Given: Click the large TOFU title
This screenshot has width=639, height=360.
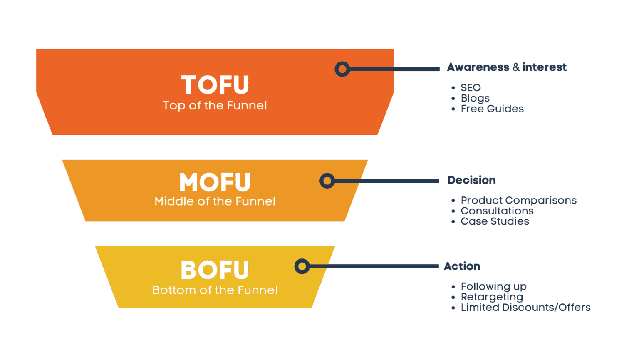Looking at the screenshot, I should pos(215,85).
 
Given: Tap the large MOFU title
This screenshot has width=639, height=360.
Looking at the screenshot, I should pos(215,182).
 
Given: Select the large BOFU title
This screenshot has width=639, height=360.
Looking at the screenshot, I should pos(215,270).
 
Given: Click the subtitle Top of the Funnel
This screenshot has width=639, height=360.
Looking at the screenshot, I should pos(215,106).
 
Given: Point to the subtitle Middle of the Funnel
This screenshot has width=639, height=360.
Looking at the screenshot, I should pos(215,201).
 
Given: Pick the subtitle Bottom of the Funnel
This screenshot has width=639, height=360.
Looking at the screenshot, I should pos(215,290).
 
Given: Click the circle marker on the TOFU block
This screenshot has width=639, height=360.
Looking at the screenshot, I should pos(342,69).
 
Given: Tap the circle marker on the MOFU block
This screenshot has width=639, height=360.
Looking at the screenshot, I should pos(327,181).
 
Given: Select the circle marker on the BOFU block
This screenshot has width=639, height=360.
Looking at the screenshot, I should pos(302,266).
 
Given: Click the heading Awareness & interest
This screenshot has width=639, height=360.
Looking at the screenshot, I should pos(506,67).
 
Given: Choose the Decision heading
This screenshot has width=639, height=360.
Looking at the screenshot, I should pos(471,180).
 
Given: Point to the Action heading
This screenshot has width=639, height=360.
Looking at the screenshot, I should pos(462,266).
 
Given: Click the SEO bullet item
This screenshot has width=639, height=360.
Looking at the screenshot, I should pos(471,88).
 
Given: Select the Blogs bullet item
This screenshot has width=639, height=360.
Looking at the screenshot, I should pos(475,99).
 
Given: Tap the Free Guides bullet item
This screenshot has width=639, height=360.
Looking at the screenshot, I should pos(492,109).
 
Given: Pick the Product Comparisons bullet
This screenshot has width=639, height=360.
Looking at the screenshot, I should pos(518,201).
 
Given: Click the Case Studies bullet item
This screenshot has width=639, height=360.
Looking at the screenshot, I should pos(495,221).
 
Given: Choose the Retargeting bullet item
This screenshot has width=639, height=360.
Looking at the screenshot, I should pos(492,297).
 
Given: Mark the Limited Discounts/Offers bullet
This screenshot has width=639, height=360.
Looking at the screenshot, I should pos(525,308).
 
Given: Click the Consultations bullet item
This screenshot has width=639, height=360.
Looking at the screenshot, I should pos(497,211).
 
